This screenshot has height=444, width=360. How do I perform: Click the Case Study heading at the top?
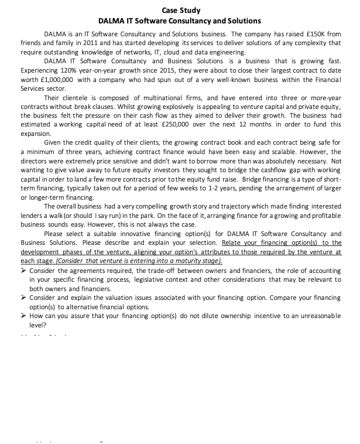(x=180, y=10)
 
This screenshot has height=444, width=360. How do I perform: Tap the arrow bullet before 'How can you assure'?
(x=23, y=315)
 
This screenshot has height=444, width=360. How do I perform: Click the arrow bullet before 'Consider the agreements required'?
(x=23, y=271)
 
